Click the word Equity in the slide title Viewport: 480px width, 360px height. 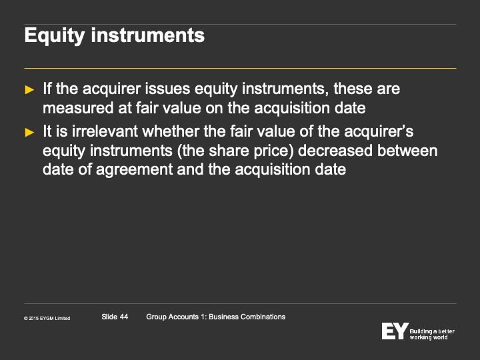[55, 36]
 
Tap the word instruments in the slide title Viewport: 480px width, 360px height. [148, 35]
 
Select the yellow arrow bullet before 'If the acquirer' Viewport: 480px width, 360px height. [29, 89]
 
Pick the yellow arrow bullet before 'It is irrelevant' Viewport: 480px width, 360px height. [29, 132]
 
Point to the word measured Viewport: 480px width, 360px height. [78, 108]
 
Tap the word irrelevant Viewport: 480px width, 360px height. [105, 131]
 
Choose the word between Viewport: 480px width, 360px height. [407, 151]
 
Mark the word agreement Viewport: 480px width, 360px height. [135, 170]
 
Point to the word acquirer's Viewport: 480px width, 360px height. [379, 132]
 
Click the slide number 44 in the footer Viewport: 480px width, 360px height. [124, 317]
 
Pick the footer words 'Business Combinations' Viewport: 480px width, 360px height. [247, 317]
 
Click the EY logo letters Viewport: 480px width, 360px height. [395, 331]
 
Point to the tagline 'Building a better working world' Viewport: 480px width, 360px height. [432, 334]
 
